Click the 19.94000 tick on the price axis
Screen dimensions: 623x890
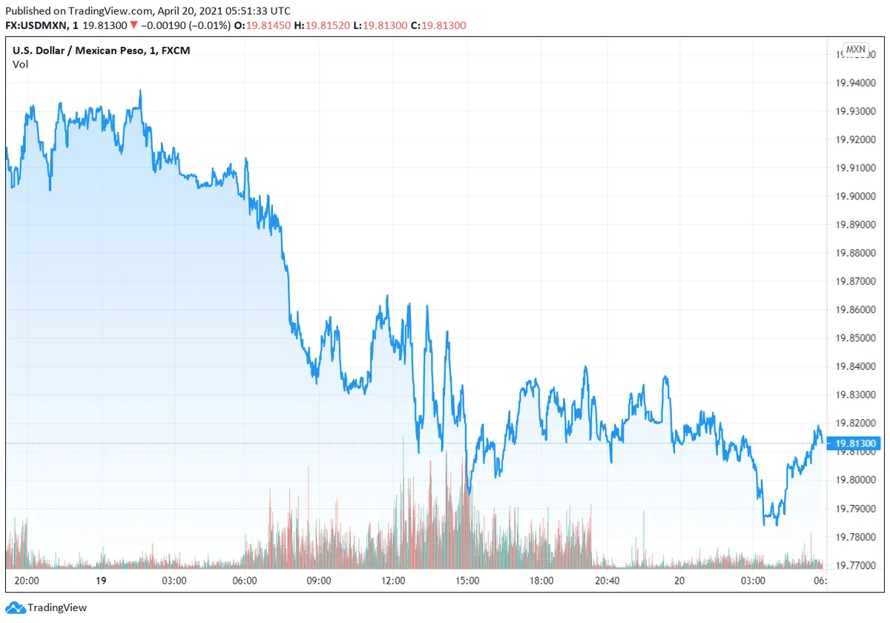tap(854, 82)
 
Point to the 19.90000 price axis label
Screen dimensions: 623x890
tap(854, 197)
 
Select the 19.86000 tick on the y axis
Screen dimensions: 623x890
tap(854, 310)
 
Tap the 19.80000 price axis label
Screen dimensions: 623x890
tap(854, 480)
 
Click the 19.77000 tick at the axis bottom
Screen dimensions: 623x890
tap(854, 565)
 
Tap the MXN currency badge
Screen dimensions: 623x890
tap(855, 50)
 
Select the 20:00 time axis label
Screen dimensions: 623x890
tap(27, 581)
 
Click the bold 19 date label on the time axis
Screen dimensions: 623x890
tap(99, 581)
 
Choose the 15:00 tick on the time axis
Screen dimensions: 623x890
tap(467, 581)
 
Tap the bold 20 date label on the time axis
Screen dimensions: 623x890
tap(679, 581)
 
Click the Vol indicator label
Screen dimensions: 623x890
tap(20, 65)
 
